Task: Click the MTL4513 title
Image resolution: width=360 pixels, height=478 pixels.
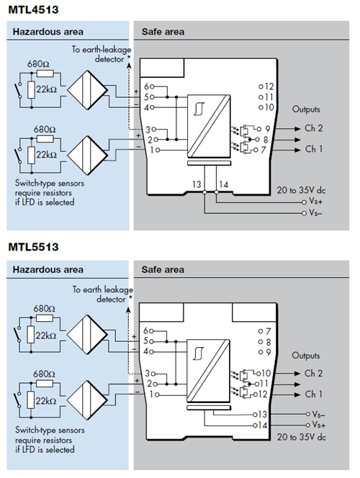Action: click(x=34, y=9)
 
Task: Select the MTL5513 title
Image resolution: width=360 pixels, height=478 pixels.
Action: click(x=34, y=247)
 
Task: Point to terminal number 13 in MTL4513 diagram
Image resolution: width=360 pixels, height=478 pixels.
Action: click(x=197, y=185)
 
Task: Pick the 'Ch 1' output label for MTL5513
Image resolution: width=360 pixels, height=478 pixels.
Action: click(x=314, y=394)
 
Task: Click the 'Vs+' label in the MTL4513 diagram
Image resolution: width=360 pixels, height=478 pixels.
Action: click(x=315, y=203)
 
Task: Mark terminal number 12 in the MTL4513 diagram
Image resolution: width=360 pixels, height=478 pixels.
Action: click(x=267, y=86)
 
